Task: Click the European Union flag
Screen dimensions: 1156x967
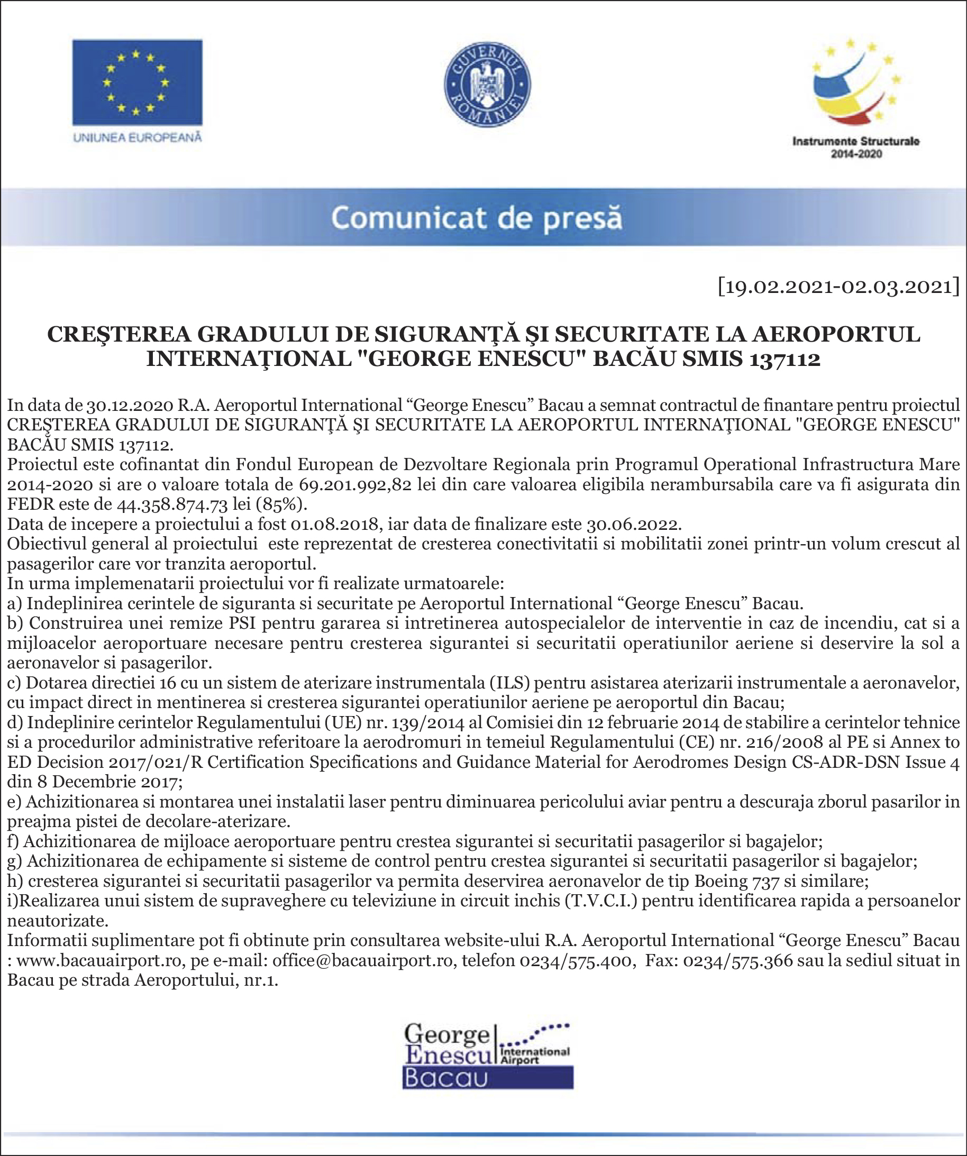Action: (137, 82)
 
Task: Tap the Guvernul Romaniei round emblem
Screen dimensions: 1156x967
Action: (487, 84)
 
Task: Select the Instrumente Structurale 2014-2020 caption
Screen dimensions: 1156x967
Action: (856, 148)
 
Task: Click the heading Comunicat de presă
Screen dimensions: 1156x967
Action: (477, 218)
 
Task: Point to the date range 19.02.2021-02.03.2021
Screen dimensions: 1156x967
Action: (838, 287)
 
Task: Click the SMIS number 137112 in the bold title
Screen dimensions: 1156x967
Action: (784, 359)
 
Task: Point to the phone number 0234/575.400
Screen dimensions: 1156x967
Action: (576, 960)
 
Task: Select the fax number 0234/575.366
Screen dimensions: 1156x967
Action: (738, 960)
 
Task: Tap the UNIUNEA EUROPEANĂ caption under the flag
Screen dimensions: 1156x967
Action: (137, 137)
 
